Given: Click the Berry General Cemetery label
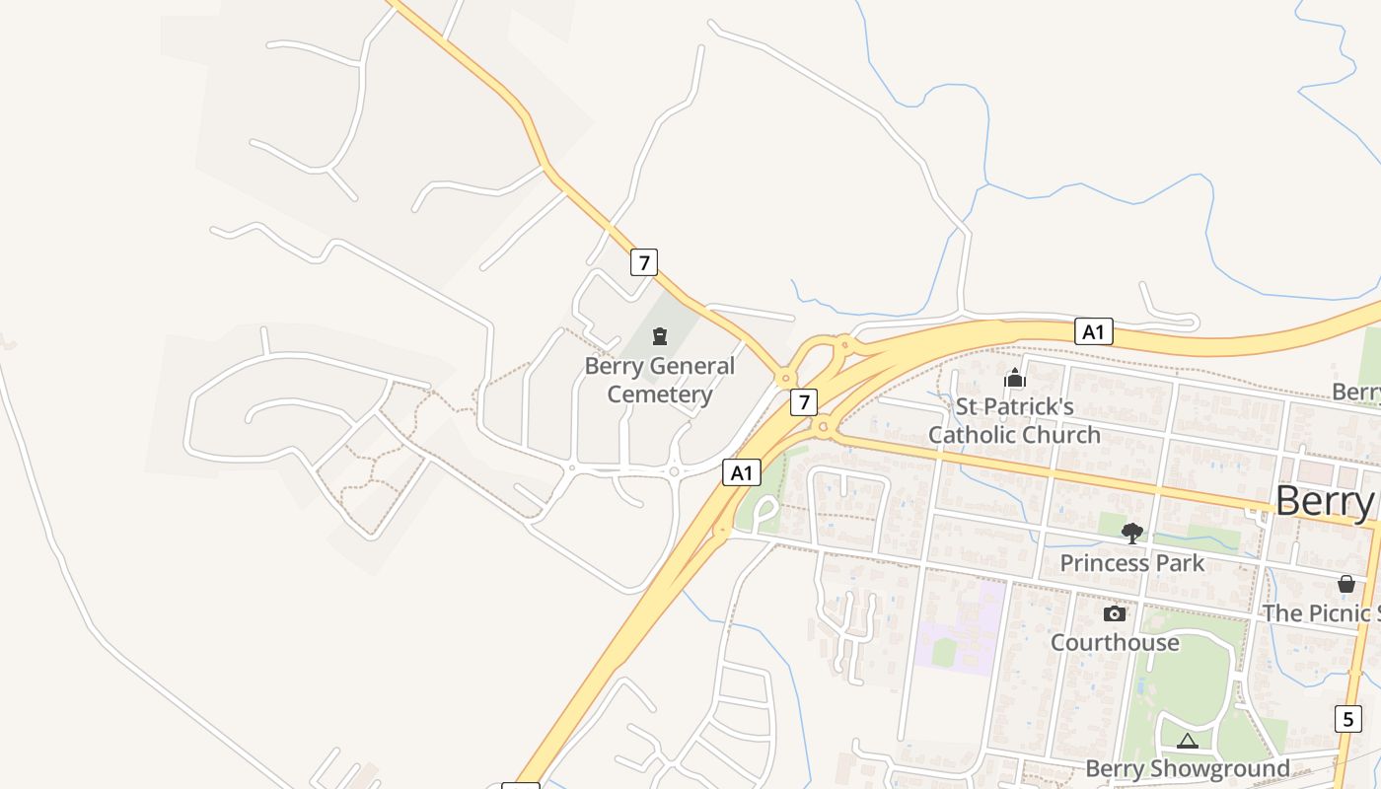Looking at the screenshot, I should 659,380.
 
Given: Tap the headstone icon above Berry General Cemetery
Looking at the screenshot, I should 660,336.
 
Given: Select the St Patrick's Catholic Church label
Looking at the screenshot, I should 1014,420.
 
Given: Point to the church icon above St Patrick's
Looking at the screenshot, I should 1014,378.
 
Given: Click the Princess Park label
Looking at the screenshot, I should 1131,563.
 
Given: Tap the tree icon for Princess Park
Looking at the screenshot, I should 1132,534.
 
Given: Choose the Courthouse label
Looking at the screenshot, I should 1114,642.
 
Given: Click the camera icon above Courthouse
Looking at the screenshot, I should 1115,613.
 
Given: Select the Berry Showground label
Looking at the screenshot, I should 1187,768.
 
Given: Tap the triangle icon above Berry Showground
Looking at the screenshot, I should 1187,741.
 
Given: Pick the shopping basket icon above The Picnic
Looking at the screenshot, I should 1345,584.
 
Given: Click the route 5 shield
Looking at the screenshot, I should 1348,718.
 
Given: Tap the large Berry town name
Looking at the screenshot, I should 1324,501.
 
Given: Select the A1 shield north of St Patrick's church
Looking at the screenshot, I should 1093,331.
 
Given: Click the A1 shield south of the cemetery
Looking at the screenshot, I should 742,472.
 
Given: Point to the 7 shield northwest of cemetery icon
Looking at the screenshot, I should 643,262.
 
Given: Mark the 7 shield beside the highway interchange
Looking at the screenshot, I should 804,401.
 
